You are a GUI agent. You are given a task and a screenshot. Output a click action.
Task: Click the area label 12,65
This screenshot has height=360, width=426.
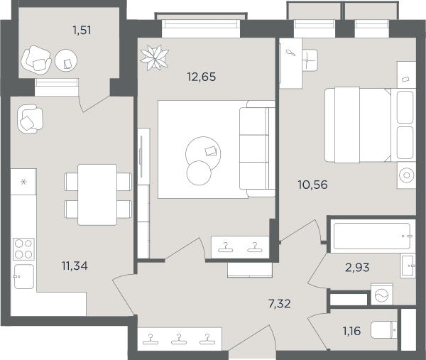point(202,77)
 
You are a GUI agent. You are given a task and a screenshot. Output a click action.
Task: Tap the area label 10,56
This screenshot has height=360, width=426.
point(312,185)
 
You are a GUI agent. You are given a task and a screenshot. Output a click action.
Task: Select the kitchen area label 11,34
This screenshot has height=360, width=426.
point(75,266)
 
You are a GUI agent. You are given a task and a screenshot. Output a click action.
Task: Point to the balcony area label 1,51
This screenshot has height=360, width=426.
point(82,30)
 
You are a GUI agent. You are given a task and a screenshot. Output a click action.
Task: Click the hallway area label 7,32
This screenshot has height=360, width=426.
point(280,303)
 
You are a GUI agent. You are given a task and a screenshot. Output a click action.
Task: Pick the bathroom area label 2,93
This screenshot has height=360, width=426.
point(357,268)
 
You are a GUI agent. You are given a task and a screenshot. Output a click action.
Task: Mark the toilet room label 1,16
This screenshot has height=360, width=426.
point(351,331)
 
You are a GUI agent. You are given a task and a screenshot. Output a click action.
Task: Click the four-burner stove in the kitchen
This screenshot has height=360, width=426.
point(23,249)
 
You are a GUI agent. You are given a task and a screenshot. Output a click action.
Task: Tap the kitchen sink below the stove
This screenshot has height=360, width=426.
point(24,276)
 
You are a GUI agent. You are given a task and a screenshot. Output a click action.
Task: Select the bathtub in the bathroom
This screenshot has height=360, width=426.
point(372,236)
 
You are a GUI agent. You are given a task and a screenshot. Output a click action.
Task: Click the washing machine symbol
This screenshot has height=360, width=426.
point(382,294)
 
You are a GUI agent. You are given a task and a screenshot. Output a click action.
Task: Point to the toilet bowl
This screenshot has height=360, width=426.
point(384,330)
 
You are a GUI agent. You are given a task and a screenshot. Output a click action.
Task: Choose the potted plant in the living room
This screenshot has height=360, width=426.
point(154,58)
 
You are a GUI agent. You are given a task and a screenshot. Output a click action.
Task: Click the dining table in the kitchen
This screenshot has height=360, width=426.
point(97,195)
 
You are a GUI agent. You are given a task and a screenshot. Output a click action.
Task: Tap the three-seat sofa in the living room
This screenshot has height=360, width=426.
point(257,148)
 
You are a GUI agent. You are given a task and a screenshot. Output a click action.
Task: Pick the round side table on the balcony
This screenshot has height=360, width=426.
point(66,60)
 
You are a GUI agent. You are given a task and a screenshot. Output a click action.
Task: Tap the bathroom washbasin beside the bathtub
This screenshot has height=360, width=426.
point(408,266)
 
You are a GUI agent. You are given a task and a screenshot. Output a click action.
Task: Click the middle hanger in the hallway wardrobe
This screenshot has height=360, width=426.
point(179,339)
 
